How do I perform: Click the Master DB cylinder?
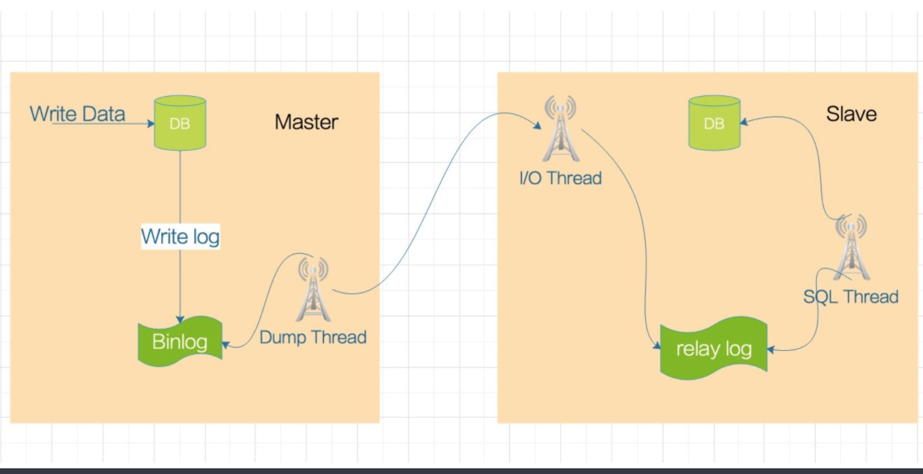(180, 122)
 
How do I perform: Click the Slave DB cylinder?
(714, 124)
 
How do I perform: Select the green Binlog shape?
(180, 342)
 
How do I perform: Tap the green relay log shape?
(714, 349)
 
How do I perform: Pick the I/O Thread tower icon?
(560, 130)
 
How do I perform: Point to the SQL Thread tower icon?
(850, 248)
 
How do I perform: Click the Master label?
(306, 122)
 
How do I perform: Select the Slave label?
(851, 114)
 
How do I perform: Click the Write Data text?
(78, 114)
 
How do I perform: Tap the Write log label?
(181, 236)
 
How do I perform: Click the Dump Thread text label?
(313, 337)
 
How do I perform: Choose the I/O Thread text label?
(560, 178)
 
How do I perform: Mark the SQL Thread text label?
(851, 296)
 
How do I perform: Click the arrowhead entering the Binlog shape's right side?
(226, 345)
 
